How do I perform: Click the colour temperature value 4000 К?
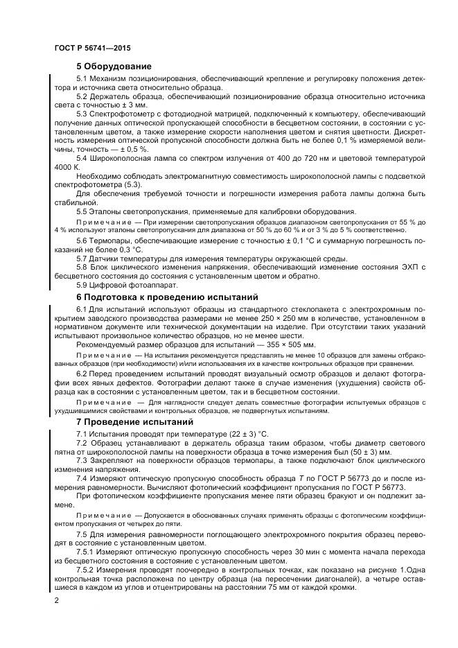pyautogui.click(x=67, y=168)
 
